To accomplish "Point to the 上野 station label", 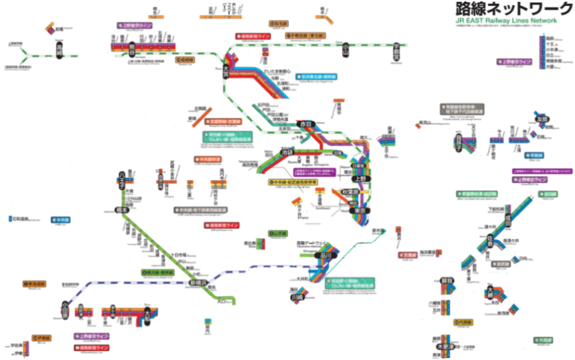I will (360, 178).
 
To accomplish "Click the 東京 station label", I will (360, 211).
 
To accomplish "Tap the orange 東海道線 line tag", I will (34, 283).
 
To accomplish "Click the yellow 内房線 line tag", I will (463, 322).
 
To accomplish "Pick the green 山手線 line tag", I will (278, 233).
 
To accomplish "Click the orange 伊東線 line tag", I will (42, 338).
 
